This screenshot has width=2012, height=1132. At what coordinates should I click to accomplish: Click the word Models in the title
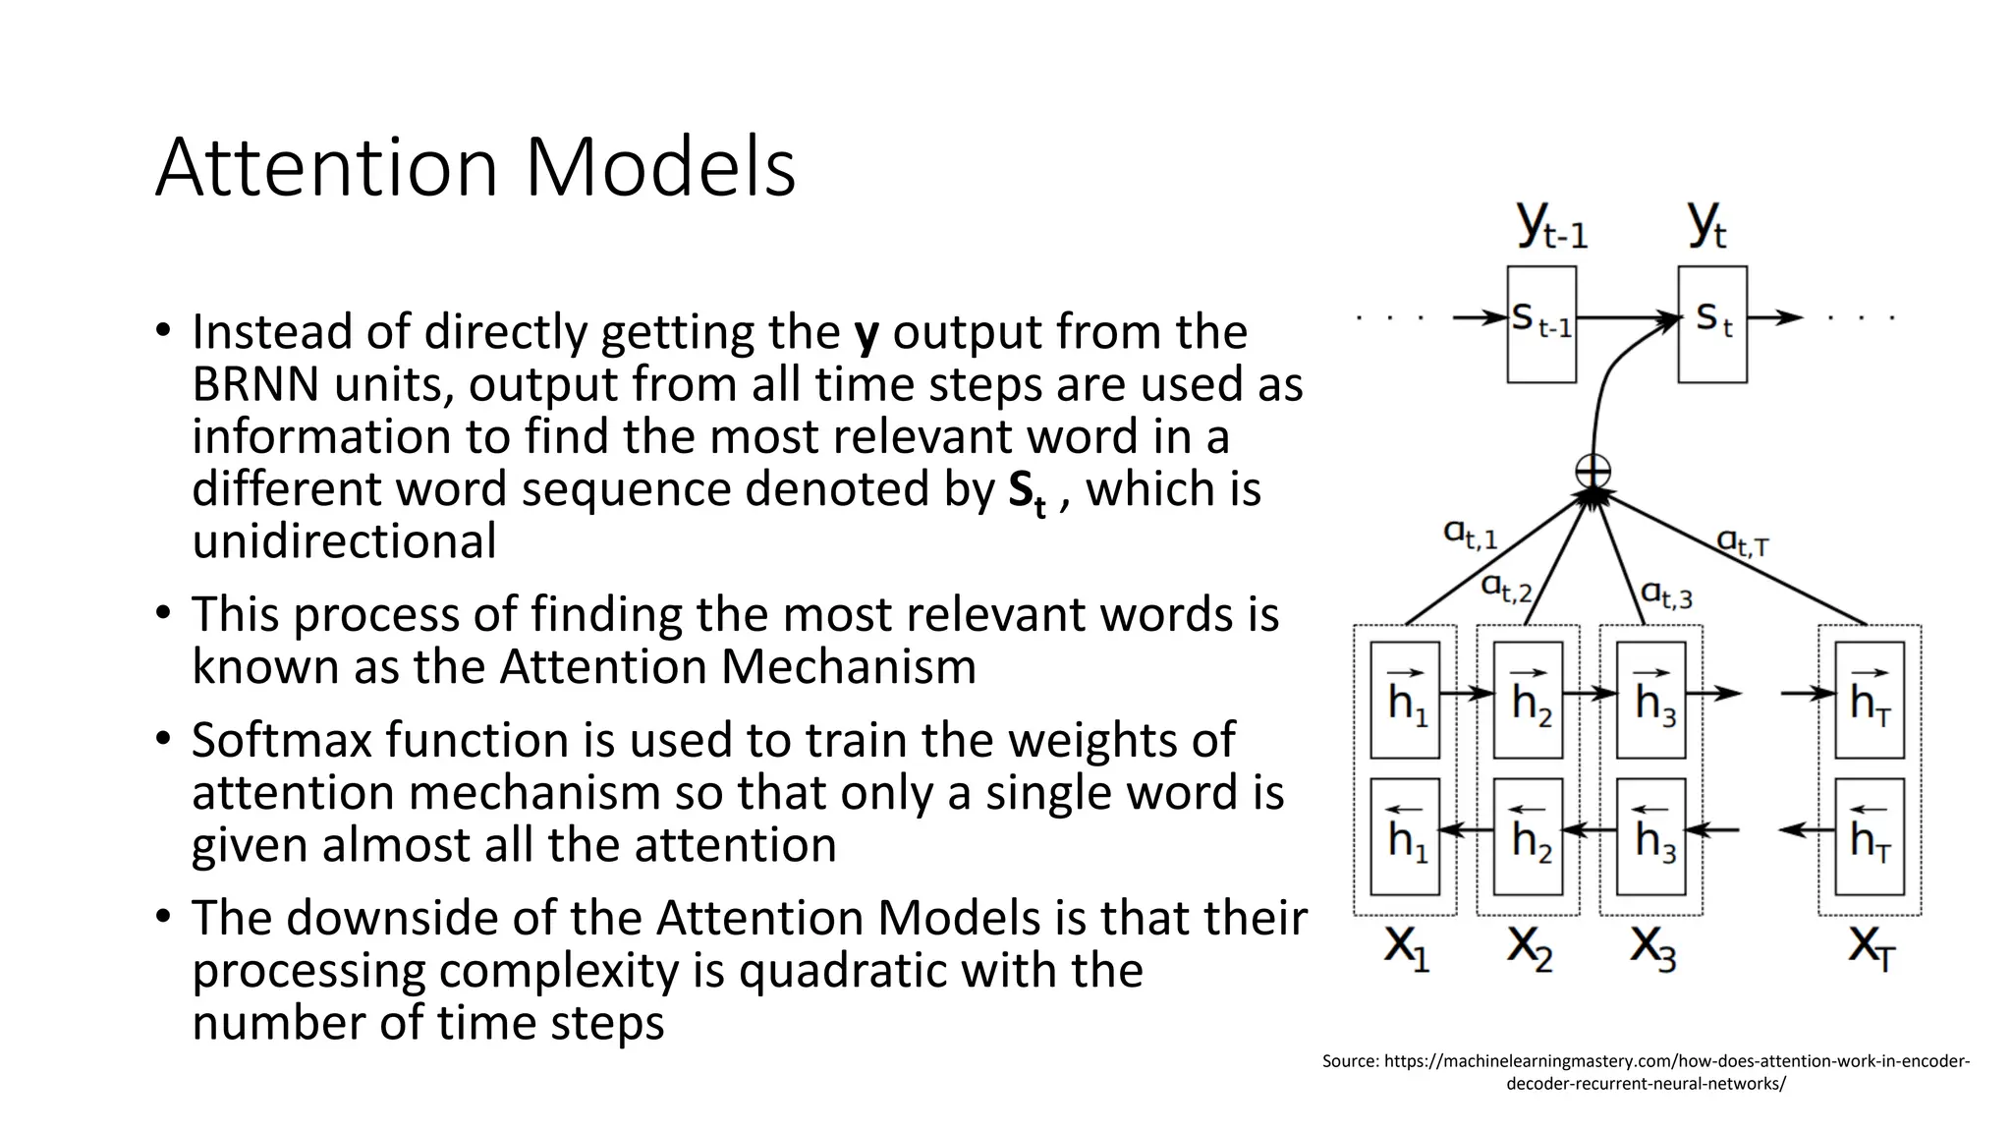click(659, 168)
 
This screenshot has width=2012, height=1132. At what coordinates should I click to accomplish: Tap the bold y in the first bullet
click(866, 333)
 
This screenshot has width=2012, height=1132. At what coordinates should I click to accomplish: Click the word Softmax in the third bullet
click(284, 740)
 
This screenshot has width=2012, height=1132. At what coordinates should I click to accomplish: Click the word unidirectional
click(344, 541)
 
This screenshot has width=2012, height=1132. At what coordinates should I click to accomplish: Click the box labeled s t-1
click(1541, 323)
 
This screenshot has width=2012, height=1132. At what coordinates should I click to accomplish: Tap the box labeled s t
click(1712, 323)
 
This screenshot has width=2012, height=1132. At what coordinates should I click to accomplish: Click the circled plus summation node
click(1593, 471)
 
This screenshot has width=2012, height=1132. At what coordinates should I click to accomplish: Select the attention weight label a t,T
click(1742, 541)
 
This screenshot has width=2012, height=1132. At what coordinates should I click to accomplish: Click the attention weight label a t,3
click(1666, 594)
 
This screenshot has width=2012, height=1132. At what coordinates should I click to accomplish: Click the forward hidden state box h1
click(1405, 700)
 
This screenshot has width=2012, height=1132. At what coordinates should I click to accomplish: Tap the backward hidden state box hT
click(1870, 836)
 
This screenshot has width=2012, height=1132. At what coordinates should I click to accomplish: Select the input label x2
click(1530, 947)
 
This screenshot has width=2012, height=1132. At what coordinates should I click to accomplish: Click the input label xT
click(1871, 947)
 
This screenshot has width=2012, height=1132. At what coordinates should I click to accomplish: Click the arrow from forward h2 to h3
click(1590, 694)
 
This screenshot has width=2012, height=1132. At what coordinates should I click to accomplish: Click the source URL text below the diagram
click(1646, 1072)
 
